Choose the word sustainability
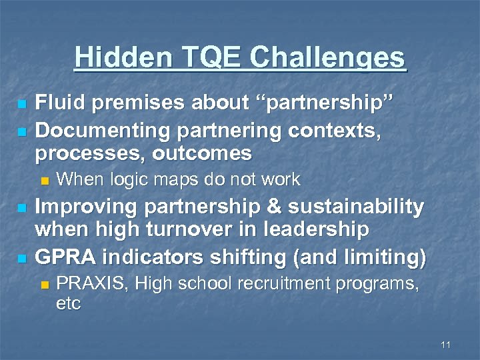tap(356, 207)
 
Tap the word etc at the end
tap(69, 304)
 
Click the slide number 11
tap(446, 345)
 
